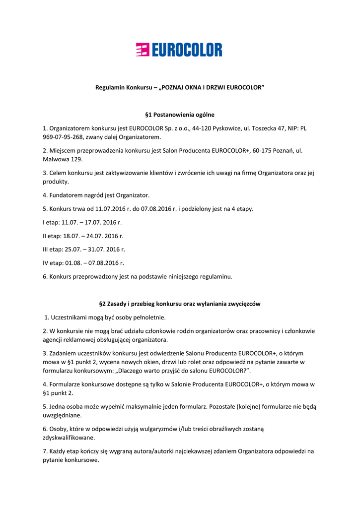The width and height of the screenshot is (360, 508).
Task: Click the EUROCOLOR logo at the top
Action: (x=179, y=50)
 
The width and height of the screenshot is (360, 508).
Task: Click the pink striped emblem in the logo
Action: (x=143, y=50)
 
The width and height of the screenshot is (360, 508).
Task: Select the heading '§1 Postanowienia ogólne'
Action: (x=180, y=115)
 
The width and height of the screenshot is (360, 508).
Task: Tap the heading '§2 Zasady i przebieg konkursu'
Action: (x=180, y=304)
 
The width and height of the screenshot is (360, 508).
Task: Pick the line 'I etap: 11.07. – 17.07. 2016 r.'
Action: (x=82, y=223)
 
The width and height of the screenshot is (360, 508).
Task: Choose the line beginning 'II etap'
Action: (x=83, y=236)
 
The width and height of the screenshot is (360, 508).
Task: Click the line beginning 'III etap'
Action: (x=84, y=250)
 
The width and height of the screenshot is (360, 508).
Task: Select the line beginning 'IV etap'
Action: (x=83, y=263)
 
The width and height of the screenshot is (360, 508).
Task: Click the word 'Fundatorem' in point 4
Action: (x=66, y=195)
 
